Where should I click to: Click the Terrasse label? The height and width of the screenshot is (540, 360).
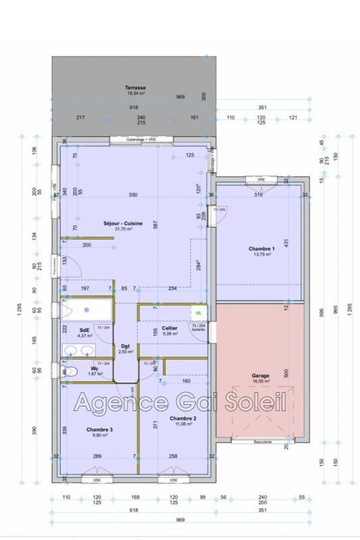pos(135,88)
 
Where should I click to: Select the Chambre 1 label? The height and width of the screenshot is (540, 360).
pos(259,248)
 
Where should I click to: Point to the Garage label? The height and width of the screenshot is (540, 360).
pos(260,376)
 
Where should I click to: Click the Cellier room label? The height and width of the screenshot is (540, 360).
pos(170,327)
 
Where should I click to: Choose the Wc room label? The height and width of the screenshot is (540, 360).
pos(95,369)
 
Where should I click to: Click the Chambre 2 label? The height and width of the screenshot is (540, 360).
pos(166,418)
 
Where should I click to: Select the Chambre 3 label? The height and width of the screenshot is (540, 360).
pos(99,429)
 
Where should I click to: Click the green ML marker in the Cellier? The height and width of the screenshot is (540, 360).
pos(199,313)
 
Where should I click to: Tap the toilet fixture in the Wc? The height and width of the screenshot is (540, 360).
pos(68,371)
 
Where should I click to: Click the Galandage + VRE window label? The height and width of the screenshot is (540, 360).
pos(142,140)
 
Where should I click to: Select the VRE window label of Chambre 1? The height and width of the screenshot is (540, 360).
pos(260,180)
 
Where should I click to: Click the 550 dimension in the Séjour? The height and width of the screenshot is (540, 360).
pos(133,195)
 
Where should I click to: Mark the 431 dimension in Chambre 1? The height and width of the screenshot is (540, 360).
pos(286,242)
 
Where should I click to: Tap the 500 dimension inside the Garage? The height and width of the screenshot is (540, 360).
pos(286,373)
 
